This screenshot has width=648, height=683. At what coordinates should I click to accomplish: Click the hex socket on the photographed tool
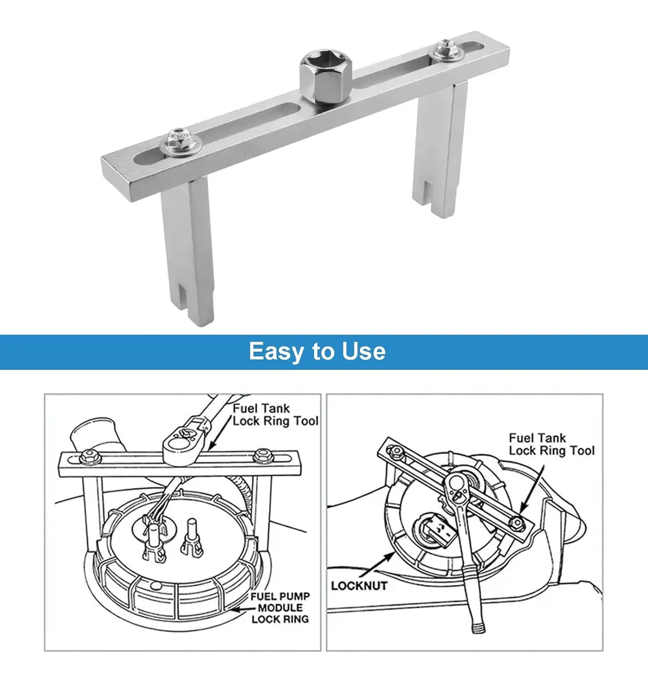[x=325, y=76]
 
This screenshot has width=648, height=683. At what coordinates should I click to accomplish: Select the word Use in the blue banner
[x=364, y=351]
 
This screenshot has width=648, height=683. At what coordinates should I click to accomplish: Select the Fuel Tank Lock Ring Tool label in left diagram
[x=275, y=414]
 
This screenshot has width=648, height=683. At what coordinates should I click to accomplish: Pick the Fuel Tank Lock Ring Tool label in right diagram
[x=552, y=445]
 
